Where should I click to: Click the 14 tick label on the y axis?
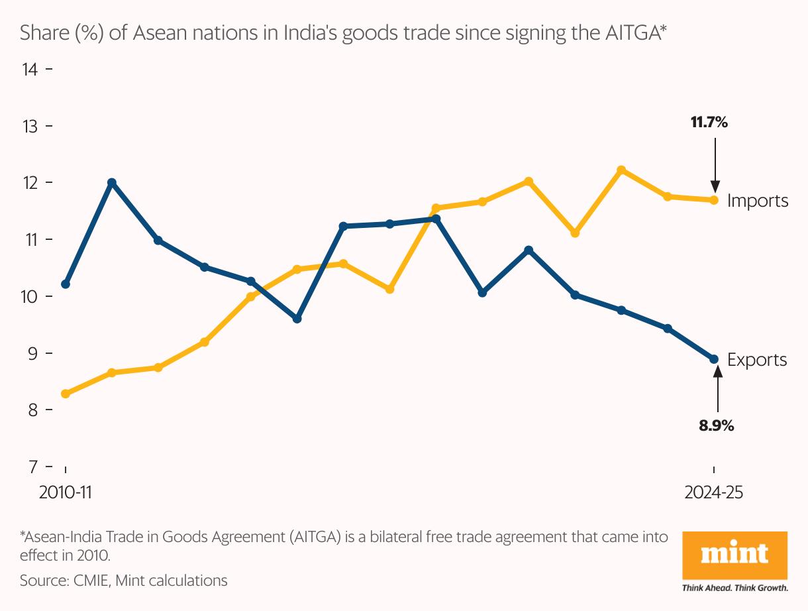click(30, 69)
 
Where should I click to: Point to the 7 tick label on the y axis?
click(34, 467)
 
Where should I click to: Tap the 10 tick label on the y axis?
click(30, 296)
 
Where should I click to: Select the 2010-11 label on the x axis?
click(65, 493)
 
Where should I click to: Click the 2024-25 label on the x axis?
click(714, 493)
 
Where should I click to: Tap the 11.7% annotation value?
click(709, 122)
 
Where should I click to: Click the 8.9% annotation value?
click(716, 425)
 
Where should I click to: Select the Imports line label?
click(758, 201)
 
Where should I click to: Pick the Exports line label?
click(757, 360)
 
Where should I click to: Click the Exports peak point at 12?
click(112, 182)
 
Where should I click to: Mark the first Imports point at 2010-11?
click(66, 394)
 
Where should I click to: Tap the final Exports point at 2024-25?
click(714, 359)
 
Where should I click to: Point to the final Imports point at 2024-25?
click(714, 199)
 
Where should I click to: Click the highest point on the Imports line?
click(621, 170)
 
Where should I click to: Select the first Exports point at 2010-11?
click(66, 284)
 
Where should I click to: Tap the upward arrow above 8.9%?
click(717, 391)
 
